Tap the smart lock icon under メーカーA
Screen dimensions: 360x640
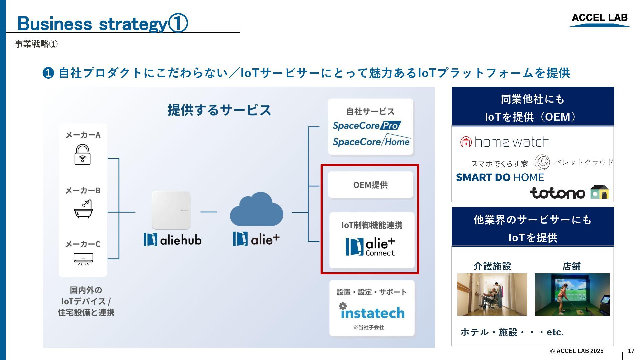tap(82, 155)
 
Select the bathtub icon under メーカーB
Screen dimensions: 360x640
tap(83, 209)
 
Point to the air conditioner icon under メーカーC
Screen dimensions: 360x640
tap(83, 259)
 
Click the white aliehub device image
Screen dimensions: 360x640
tap(171, 210)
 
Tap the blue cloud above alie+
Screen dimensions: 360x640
tap(256, 209)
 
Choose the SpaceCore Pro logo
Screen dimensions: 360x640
tap(367, 126)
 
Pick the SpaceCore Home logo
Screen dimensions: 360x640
tap(371, 141)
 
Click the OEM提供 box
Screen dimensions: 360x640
tap(370, 185)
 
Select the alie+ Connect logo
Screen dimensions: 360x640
tap(370, 247)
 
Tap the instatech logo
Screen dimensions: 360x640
tap(372, 312)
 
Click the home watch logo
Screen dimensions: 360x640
tap(505, 142)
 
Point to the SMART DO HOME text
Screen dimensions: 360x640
tap(500, 177)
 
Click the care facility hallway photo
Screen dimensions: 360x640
tap(492, 294)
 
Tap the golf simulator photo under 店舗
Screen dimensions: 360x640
tap(572, 294)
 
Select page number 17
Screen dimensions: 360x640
tap(631, 351)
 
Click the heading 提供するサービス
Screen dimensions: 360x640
tap(219, 110)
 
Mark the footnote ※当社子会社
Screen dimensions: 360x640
tap(369, 327)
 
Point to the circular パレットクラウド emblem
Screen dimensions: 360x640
tap(542, 162)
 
